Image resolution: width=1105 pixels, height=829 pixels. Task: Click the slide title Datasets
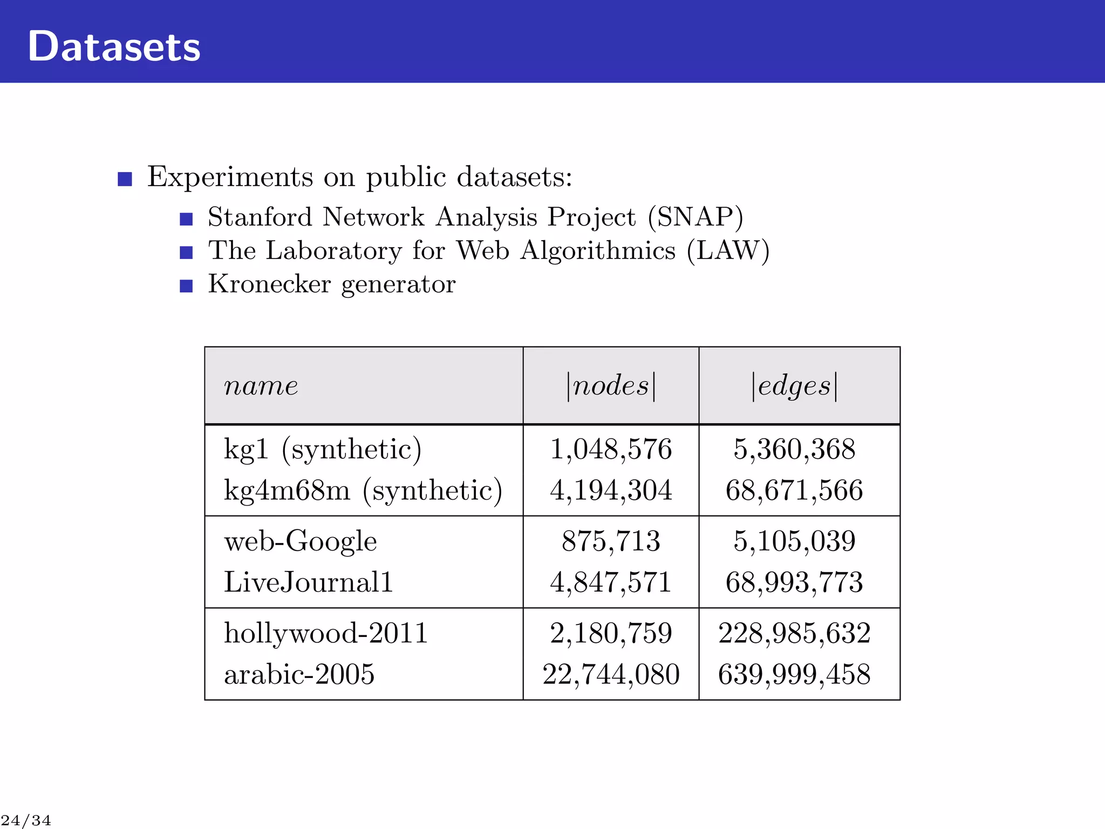pos(114,47)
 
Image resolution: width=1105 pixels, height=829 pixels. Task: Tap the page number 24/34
pos(26,820)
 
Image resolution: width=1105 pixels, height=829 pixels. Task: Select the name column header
pos(261,386)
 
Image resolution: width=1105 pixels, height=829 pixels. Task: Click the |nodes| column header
pos(611,386)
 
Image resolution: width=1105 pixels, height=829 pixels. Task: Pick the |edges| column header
pos(794,386)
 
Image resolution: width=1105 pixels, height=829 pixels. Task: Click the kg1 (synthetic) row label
pos(322,450)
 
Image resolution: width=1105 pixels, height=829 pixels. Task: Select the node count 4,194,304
pos(611,491)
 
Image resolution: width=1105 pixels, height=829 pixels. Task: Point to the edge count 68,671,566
pos(794,491)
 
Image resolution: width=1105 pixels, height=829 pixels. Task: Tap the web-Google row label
pos(300,541)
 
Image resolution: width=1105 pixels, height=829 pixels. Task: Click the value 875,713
pos(611,541)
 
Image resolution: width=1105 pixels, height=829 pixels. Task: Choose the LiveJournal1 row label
pos(308,582)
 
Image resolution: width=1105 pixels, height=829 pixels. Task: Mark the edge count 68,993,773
pos(794,582)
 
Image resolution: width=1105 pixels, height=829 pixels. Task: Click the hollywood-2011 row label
pos(325,633)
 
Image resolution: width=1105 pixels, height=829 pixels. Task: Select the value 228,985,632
pos(794,633)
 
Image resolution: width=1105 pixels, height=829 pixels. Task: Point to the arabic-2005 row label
pos(299,675)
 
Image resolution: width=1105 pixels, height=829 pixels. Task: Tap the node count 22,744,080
pos(611,675)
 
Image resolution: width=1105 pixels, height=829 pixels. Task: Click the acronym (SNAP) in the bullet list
pos(695,218)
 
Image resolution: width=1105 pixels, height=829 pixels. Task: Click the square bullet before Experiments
pos(125,179)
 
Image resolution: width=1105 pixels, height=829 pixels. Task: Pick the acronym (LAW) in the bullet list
pos(728,251)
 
